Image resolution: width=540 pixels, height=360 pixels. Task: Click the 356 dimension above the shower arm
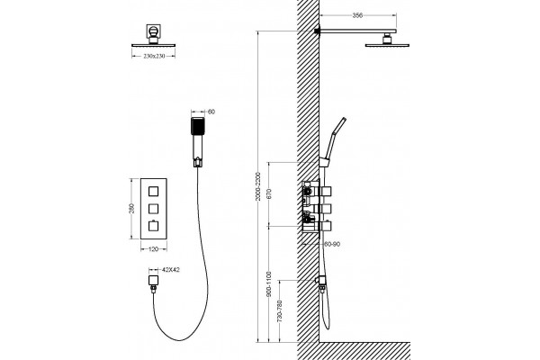coord(358,15)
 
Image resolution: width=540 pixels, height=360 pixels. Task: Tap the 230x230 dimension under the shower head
coord(154,56)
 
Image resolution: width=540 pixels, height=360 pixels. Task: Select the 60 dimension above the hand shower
coord(211,112)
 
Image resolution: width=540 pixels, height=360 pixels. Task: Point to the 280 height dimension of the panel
coord(132,209)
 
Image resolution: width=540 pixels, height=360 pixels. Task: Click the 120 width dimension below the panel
coord(153,249)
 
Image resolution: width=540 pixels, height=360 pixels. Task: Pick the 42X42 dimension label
coord(170,270)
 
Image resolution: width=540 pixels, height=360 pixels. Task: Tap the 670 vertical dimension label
coord(269,194)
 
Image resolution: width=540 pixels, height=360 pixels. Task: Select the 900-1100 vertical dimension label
coord(269,283)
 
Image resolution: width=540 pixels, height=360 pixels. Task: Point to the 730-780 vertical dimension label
coord(280,311)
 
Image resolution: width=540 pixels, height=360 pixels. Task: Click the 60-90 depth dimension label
coord(332,244)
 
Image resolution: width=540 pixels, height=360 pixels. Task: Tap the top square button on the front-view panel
coord(153,191)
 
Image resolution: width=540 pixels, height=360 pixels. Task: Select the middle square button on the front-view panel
coord(153,209)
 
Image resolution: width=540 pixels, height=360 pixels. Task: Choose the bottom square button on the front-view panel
coord(153,226)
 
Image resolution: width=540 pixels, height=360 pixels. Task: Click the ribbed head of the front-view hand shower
coord(198,126)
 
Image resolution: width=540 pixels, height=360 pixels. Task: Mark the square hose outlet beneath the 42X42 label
coord(153,281)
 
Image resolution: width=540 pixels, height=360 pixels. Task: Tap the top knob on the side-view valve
coord(326,191)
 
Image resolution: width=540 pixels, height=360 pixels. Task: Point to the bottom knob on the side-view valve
coord(326,226)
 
